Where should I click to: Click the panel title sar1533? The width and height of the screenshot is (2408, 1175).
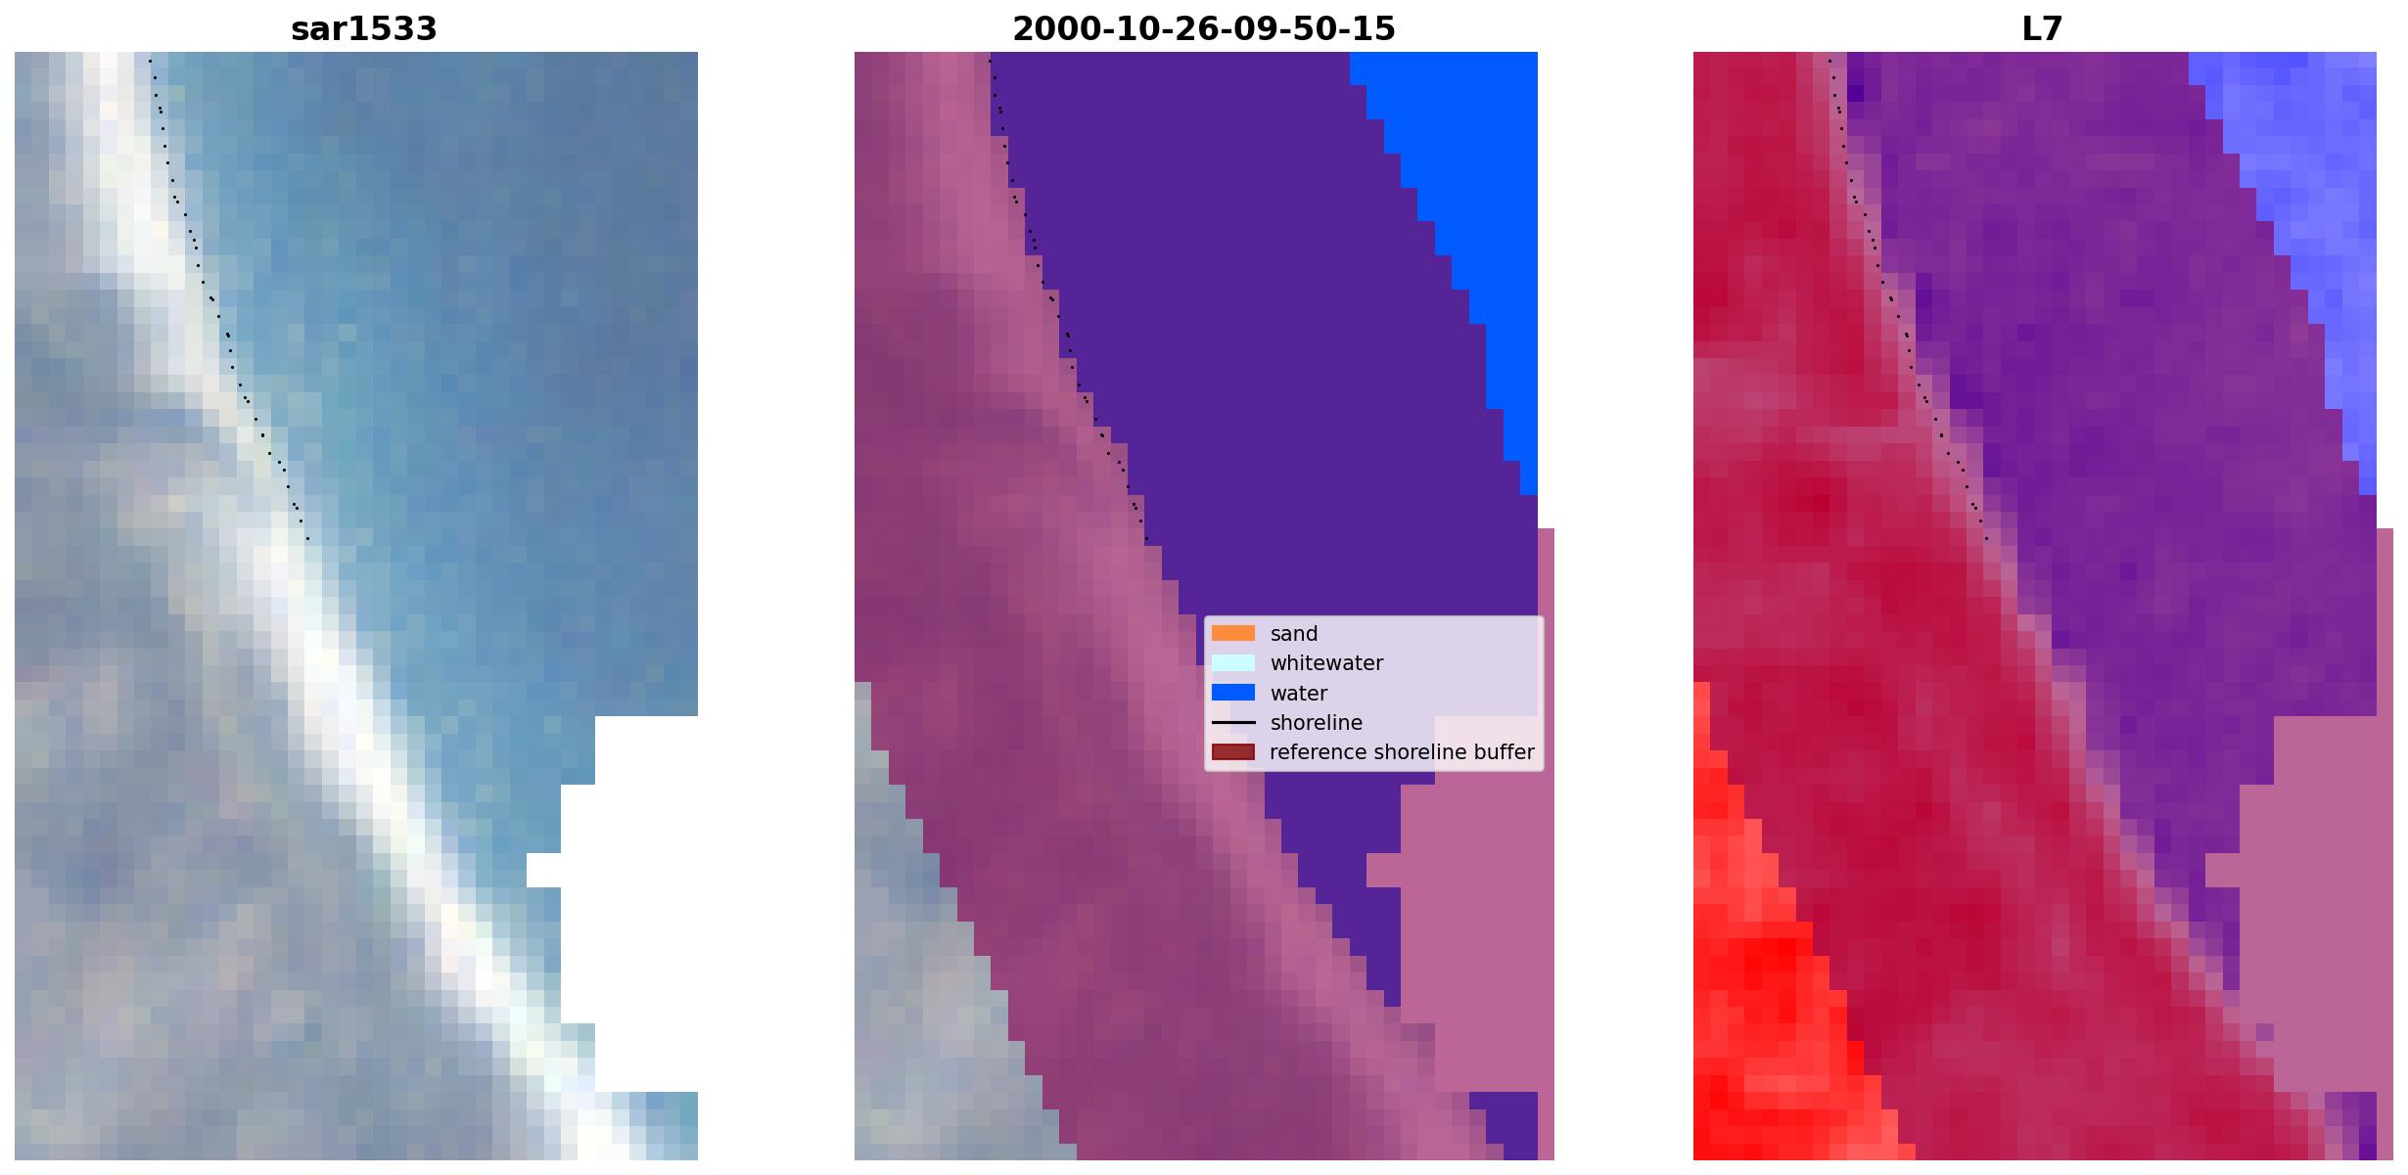363,29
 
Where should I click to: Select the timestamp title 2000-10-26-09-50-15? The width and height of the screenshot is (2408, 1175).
1203,29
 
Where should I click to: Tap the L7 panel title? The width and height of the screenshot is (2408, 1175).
2042,29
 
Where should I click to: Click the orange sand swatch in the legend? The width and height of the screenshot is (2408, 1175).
1233,633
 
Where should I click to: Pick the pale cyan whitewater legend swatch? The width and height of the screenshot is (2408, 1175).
1233,662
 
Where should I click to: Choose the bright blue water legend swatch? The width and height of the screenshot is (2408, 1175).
1233,693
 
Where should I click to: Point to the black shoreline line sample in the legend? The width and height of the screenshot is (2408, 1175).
1233,723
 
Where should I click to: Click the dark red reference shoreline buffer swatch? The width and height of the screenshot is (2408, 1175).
1233,752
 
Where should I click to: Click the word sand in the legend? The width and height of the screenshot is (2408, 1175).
1294,634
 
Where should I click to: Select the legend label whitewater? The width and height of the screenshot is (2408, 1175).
1326,663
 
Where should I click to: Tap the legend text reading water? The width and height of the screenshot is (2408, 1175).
1299,694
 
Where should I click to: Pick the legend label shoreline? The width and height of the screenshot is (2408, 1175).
1317,723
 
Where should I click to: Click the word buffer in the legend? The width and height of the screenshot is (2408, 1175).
1505,752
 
